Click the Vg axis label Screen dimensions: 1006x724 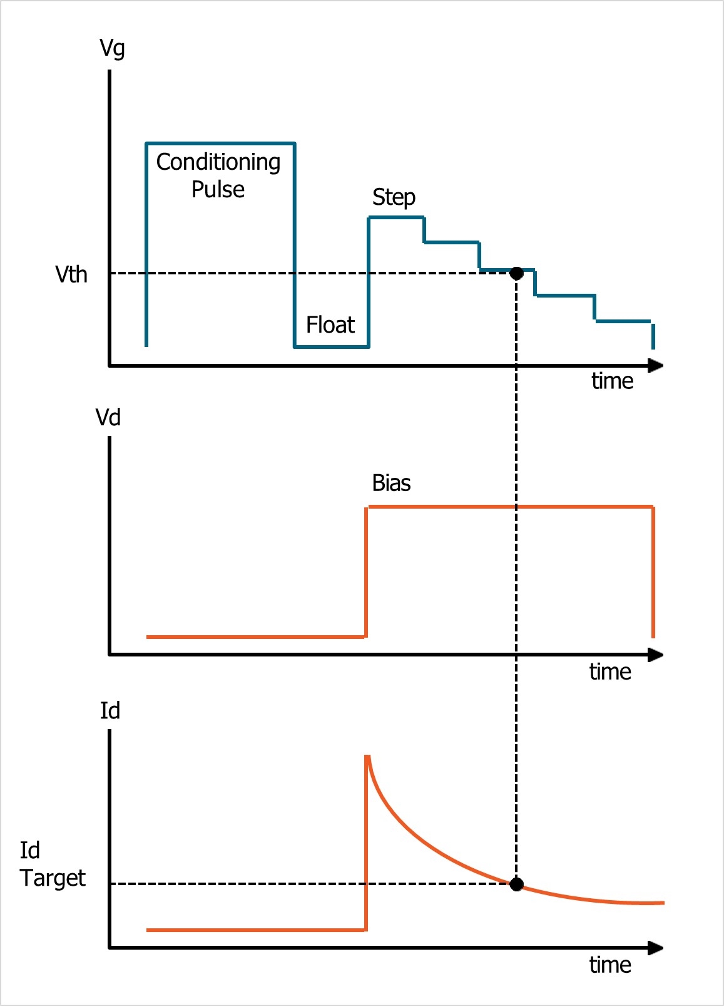click(112, 48)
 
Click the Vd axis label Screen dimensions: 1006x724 click(108, 417)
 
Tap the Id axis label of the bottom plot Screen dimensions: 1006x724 click(110, 710)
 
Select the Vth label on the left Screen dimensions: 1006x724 click(71, 274)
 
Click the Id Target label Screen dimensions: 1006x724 click(51, 864)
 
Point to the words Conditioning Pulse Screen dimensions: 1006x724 click(218, 175)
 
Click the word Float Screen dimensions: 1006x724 click(330, 325)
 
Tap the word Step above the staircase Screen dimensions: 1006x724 click(394, 197)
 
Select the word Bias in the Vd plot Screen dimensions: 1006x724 click(391, 483)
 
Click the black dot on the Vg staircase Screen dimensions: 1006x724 click(516, 273)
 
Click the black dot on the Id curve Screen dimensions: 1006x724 click(516, 884)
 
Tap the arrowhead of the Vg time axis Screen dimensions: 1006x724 click(655, 366)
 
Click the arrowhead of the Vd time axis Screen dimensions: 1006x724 click(655, 655)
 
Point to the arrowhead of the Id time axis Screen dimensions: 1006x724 click(655, 948)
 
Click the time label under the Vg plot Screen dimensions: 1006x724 click(612, 381)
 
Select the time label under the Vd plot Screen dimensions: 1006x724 click(609, 672)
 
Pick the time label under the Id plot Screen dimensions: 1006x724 click(609, 965)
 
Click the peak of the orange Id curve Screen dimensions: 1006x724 click(367, 757)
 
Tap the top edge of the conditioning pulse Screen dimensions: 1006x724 click(220, 143)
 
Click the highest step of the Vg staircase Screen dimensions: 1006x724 click(396, 217)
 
